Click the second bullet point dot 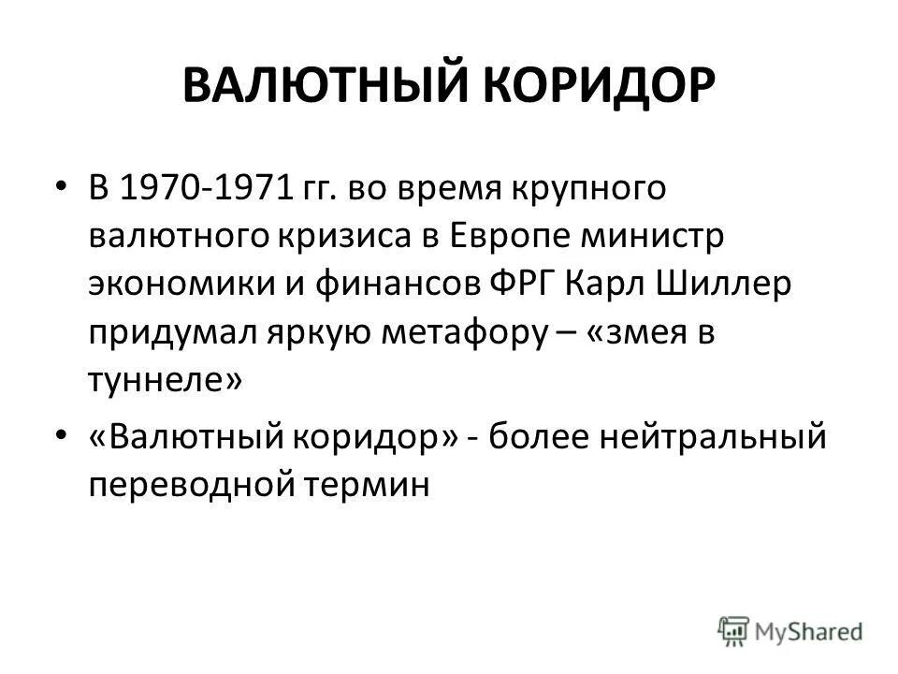(61, 436)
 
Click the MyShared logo (790, 630)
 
